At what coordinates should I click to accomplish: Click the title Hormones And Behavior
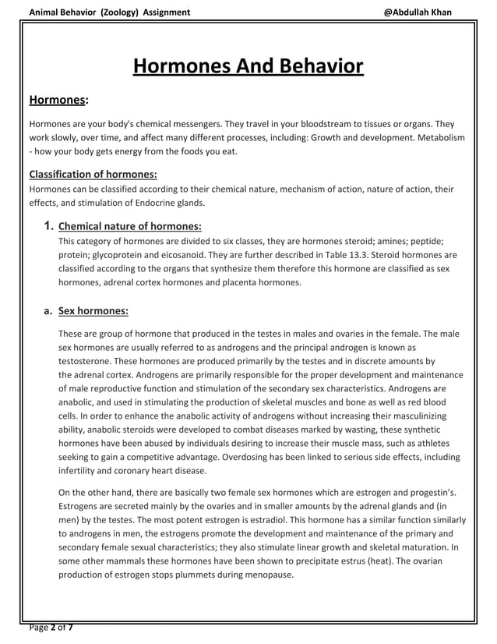248,66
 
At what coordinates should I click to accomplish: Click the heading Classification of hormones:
93,174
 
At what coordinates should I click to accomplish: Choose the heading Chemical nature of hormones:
130,227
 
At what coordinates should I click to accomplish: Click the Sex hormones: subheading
93,310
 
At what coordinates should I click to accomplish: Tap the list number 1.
48,227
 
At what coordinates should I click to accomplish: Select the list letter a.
48,310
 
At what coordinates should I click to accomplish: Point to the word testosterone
87,362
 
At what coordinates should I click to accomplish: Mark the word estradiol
272,519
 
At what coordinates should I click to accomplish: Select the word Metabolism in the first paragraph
439,137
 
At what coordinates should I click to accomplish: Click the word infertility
79,471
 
